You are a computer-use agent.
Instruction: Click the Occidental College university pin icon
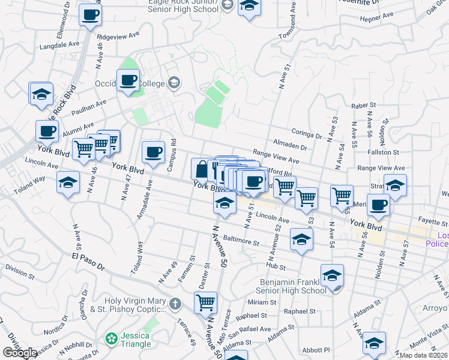click(174, 82)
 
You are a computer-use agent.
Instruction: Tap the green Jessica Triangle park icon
click(111, 340)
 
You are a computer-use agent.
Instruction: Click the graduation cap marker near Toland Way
click(68, 182)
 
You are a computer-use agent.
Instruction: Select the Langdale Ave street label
click(59, 44)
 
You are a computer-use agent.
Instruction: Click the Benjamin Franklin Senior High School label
click(293, 286)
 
